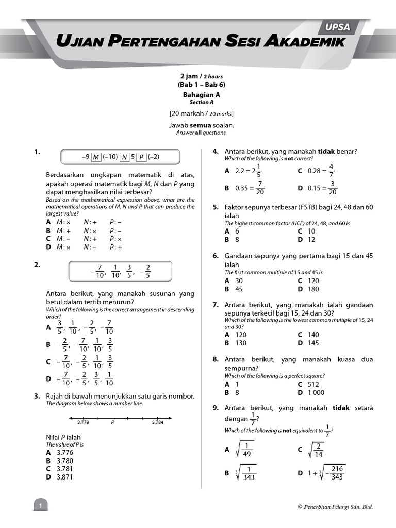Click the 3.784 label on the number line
tap(158, 422)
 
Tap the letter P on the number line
tap(112, 422)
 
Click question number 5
tap(216, 207)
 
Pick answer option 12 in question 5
tap(311, 240)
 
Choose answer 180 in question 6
tap(313, 289)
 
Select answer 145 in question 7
tap(313, 343)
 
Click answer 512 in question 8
tap(313, 384)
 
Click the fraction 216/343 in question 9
tap(337, 473)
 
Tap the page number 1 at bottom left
tap(40, 507)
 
